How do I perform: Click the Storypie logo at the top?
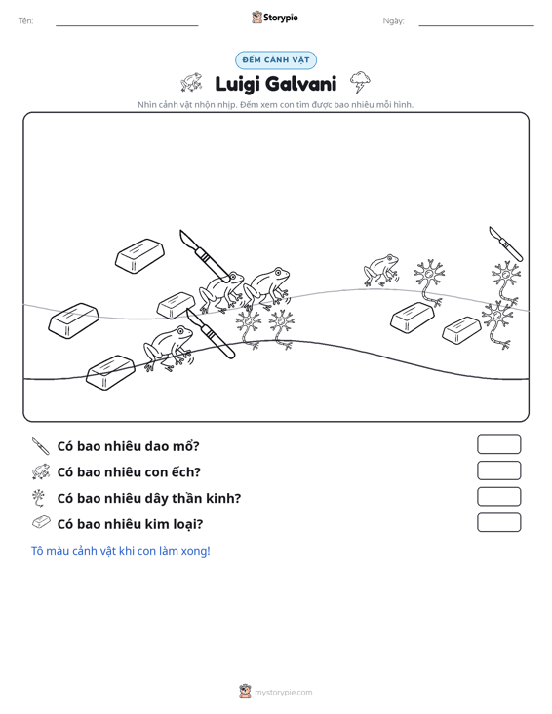coord(275,18)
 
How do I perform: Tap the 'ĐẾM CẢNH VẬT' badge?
coord(276,60)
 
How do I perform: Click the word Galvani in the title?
coord(300,84)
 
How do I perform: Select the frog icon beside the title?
coord(191,82)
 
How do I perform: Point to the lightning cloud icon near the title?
coord(360,82)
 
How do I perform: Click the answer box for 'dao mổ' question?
coord(498,444)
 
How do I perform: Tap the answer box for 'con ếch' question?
coord(498,470)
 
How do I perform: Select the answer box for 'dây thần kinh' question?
coord(498,497)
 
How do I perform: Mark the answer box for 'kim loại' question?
coord(498,522)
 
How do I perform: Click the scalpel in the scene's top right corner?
coord(506,244)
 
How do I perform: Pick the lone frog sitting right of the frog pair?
coord(381,270)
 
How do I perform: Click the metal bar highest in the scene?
coord(139,256)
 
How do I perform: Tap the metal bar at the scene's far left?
coord(73,320)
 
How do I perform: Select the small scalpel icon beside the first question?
coord(41,446)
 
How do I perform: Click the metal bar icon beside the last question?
coord(41,522)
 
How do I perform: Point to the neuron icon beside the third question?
coord(39,498)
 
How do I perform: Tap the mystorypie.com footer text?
coord(284,693)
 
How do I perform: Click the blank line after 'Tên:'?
coord(127,25)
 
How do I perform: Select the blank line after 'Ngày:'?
coord(476,25)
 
